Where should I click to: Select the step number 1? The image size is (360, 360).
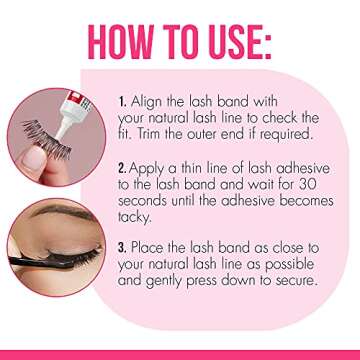[x=122, y=102]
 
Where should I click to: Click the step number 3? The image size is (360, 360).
[x=122, y=247]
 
